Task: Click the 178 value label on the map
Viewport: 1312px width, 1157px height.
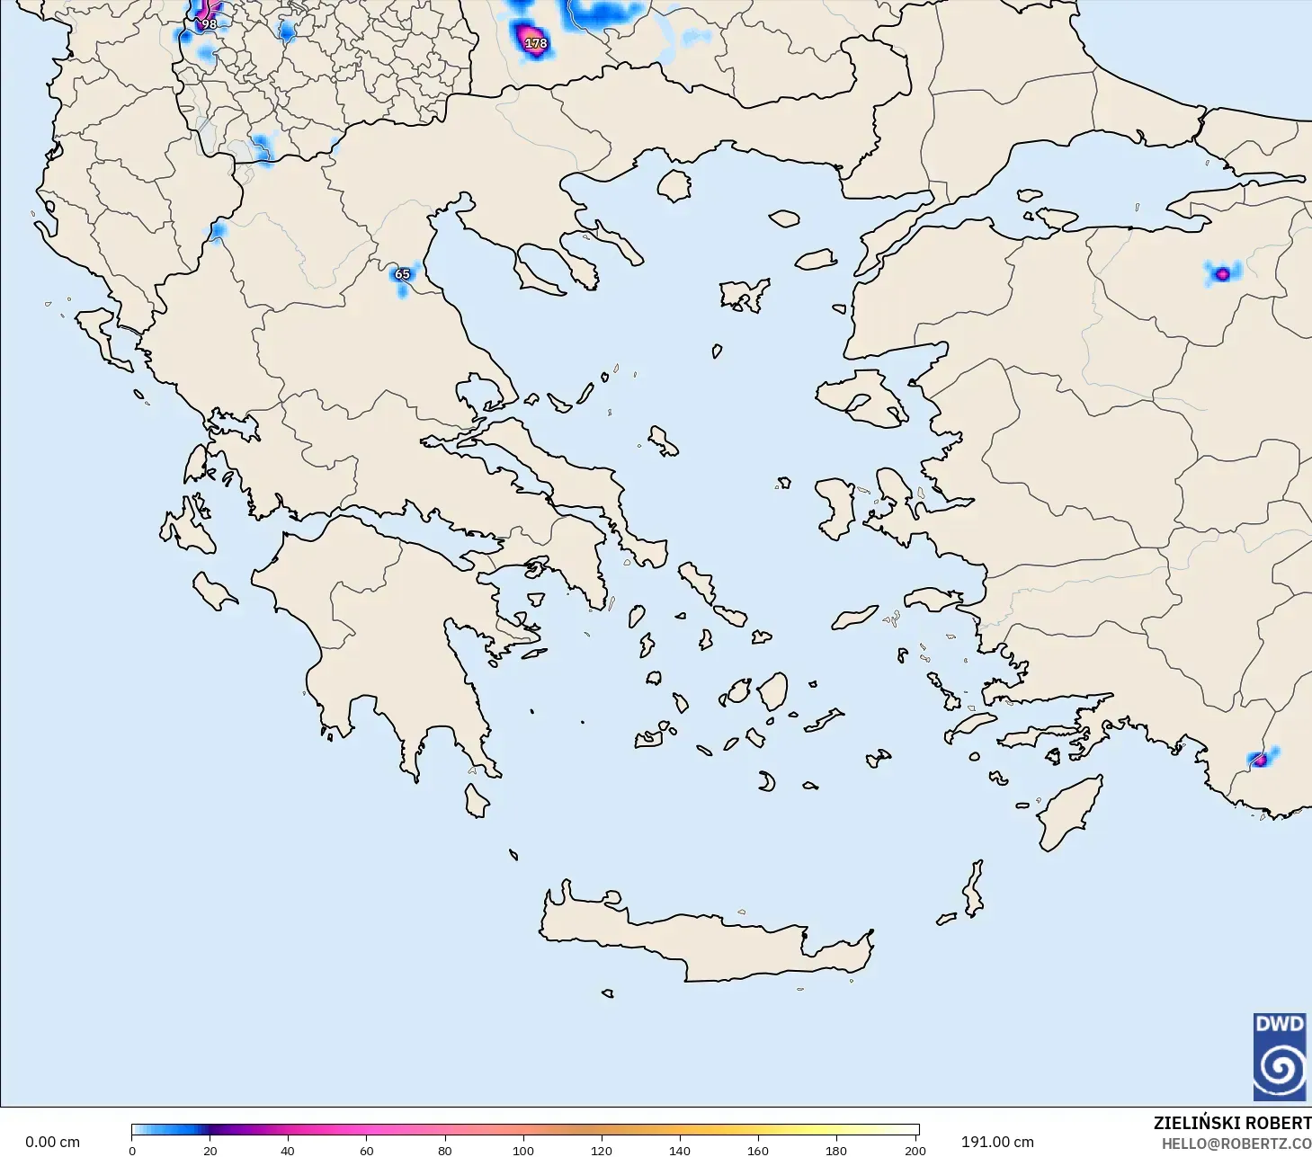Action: click(536, 43)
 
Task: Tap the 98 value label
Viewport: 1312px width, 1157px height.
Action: click(209, 24)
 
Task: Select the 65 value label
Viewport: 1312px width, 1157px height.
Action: click(402, 274)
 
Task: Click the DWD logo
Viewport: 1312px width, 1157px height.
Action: click(1280, 1056)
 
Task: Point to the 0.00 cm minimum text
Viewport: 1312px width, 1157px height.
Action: click(52, 1142)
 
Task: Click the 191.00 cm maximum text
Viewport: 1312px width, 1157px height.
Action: click(997, 1142)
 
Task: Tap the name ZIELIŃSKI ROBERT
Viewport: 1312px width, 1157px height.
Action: click(1232, 1123)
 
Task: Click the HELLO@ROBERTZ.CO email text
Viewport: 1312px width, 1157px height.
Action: click(1236, 1144)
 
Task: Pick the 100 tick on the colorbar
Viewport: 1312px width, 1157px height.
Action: click(523, 1150)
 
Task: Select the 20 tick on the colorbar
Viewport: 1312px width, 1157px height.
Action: click(210, 1150)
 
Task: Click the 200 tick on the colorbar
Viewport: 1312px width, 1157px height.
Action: click(915, 1150)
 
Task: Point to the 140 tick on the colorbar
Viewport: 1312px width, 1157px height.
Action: click(680, 1150)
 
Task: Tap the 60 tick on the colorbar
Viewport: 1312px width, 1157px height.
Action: click(367, 1150)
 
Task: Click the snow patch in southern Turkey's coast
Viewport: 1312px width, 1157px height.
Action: click(1260, 760)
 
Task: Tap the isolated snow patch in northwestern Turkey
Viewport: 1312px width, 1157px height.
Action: click(1221, 273)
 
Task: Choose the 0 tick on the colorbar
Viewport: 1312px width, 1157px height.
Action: click(132, 1150)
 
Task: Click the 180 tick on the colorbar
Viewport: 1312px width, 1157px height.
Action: click(836, 1150)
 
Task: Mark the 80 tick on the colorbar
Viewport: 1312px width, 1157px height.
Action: click(445, 1150)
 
